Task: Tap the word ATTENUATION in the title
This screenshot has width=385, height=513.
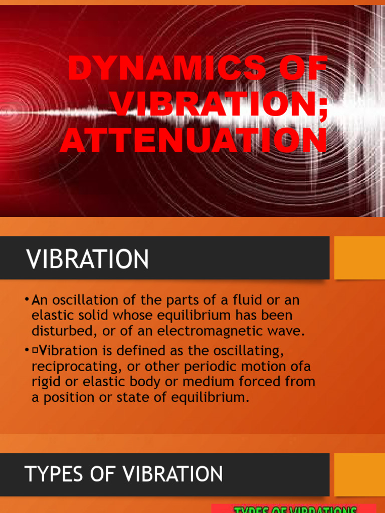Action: tap(194, 141)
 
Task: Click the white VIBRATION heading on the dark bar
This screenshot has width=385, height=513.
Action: tap(88, 260)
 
